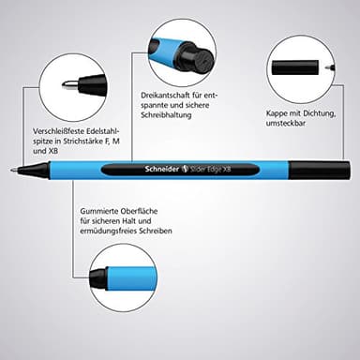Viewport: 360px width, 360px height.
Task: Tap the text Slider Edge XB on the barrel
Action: [218, 170]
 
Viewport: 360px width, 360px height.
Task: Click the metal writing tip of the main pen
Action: [14, 171]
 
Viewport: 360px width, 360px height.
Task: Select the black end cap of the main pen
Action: [306, 170]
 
